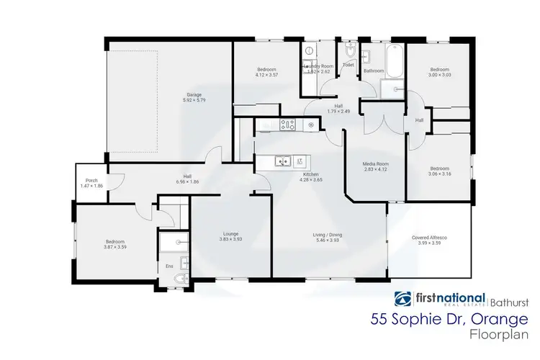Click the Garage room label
coord(194,95)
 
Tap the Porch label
coord(91,181)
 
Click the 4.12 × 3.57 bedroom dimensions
coord(266,74)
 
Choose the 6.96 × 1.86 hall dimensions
coord(186,181)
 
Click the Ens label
coord(170,267)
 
